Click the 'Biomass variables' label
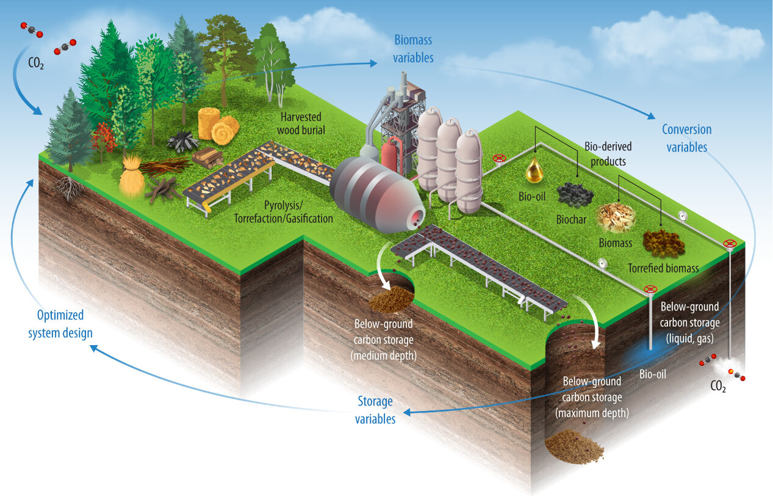point(413,49)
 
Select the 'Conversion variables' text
point(686,138)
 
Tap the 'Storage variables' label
point(375,409)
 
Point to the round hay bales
point(218,125)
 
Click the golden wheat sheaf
point(131,177)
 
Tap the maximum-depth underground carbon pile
point(573,448)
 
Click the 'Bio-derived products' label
point(608,154)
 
